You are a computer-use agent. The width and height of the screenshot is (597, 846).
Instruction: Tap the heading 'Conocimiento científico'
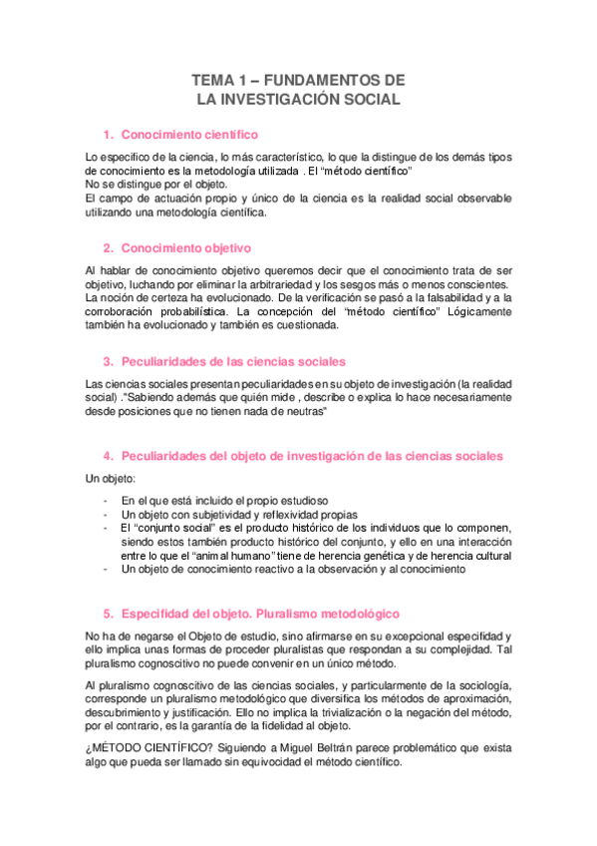189,134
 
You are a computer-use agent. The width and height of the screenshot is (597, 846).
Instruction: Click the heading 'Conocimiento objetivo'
185,247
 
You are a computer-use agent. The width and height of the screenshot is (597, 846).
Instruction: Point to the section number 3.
108,361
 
